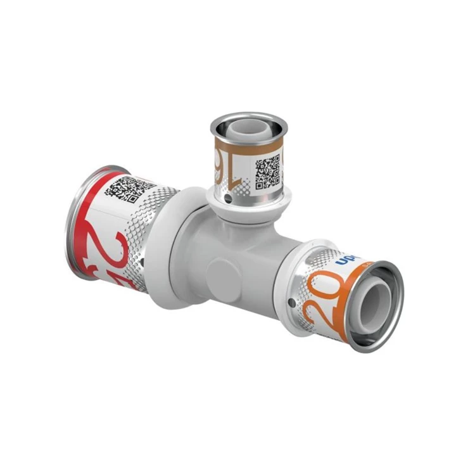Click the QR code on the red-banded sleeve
(130, 188)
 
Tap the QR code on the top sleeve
(267, 172)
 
